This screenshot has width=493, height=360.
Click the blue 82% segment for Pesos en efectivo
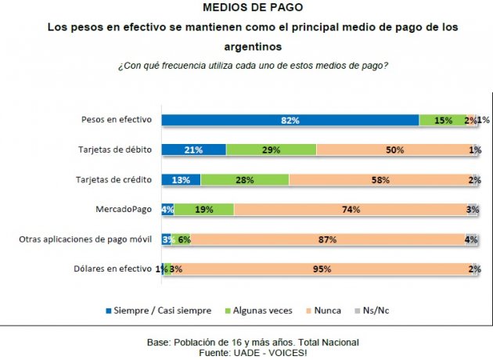290,120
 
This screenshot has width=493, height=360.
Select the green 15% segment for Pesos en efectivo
442,120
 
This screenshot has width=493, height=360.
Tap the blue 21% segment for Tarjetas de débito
193,149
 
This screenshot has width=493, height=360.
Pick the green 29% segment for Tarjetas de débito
271,149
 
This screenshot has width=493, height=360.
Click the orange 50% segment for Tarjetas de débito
395,149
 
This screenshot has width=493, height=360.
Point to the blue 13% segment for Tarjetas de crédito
181,179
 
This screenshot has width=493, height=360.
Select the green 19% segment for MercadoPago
203,209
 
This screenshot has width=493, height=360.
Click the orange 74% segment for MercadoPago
350,209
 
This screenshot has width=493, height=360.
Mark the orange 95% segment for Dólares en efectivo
322,268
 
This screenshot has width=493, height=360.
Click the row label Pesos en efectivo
117,120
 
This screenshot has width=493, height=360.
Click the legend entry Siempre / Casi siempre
164,311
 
